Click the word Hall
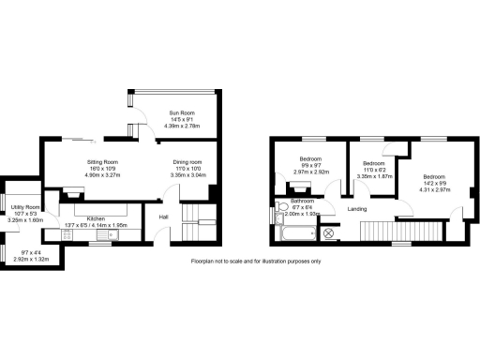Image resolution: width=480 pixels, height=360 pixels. (x=163, y=217)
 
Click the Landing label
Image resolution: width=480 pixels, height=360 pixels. (x=356, y=208)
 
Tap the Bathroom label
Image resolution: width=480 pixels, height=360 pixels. (x=302, y=201)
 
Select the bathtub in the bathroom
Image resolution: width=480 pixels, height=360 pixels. (x=302, y=234)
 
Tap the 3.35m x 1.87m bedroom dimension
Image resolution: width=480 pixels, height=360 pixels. (x=375, y=174)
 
